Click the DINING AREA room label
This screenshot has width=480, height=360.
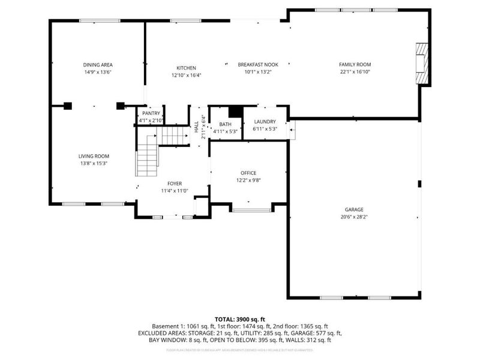tap(98, 65)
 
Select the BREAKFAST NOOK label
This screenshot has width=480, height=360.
tap(258, 65)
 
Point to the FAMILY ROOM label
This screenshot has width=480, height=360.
tap(355, 65)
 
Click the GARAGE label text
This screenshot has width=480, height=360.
tap(354, 209)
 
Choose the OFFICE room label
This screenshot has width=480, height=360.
tap(248, 173)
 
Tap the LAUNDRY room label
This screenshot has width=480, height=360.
tap(265, 122)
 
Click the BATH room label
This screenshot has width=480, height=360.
tap(226, 124)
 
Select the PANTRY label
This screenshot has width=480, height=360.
tap(151, 113)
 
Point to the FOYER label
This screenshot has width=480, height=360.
tap(175, 184)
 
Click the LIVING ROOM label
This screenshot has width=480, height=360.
tap(93, 156)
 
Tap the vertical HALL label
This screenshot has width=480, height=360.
tap(196, 127)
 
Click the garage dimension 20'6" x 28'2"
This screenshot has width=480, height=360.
tap(354, 217)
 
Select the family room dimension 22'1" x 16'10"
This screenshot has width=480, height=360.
tap(355, 72)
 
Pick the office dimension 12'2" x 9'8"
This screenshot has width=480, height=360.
tap(248, 180)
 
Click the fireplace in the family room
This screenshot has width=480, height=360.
tap(423, 64)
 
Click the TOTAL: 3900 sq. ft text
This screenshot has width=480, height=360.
tap(240, 319)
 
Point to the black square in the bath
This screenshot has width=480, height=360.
tap(236, 112)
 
